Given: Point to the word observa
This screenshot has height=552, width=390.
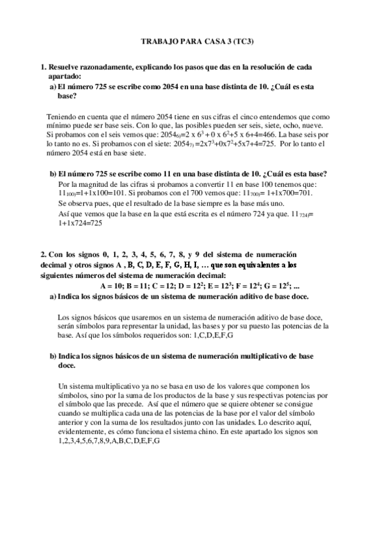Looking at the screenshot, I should click(x=78, y=203).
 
